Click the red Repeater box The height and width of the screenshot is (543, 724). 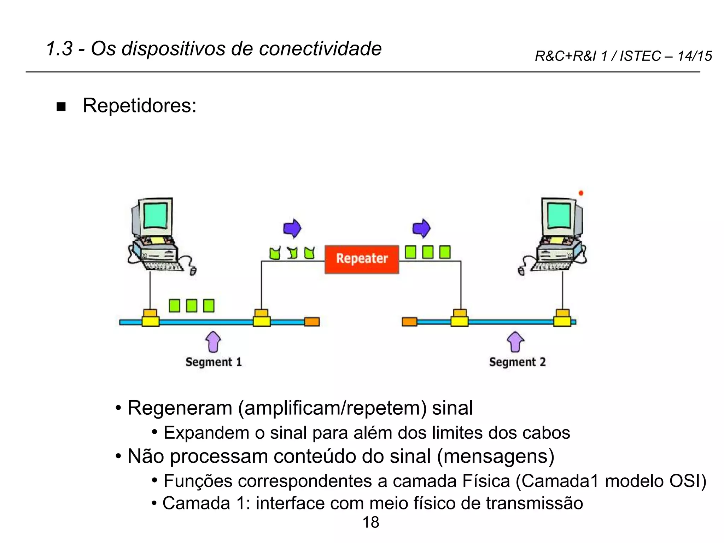tap(362, 259)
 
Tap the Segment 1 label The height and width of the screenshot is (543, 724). tap(214, 362)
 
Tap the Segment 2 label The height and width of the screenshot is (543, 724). tap(517, 362)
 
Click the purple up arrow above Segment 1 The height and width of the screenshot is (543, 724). tap(213, 342)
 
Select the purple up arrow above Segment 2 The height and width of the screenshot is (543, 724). tap(515, 342)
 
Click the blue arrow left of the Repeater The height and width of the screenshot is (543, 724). tap(292, 228)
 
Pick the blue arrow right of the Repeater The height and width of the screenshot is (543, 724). tap(421, 228)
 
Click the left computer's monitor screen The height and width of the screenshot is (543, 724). tap(155, 216)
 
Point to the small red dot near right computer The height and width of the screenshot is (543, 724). tap(581, 193)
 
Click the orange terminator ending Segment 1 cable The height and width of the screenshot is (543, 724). tap(312, 322)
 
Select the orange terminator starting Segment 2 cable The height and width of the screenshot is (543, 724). tap(409, 322)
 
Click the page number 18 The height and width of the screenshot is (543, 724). tap(370, 522)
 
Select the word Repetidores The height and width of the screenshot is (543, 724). tap(139, 105)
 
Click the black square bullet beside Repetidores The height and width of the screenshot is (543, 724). tap(61, 107)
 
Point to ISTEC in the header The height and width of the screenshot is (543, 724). tap(640, 56)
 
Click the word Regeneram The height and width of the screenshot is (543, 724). tap(180, 408)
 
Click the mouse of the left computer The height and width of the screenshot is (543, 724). tap(193, 271)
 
